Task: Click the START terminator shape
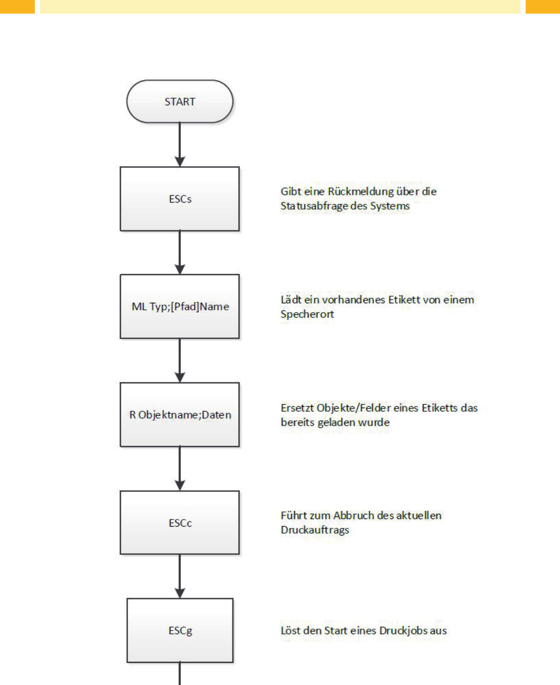(180, 102)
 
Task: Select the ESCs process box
(180, 199)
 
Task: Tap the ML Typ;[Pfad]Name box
(180, 306)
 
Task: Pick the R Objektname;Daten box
(180, 415)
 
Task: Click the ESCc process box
(180, 522)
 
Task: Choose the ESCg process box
(180, 630)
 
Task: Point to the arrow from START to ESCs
(180, 145)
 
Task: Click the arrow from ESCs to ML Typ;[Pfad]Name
(180, 252)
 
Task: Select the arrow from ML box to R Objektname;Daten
(180, 361)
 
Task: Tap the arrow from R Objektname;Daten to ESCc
(180, 469)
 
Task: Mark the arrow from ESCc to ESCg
(180, 576)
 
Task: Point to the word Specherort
(307, 315)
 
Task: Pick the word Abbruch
(354, 515)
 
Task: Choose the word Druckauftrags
(315, 530)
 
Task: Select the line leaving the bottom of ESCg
(180, 674)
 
